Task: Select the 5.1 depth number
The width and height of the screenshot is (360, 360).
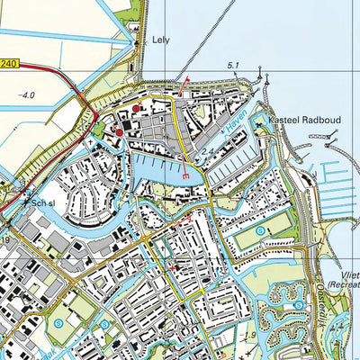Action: point(234,65)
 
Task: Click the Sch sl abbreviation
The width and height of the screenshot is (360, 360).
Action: point(44,203)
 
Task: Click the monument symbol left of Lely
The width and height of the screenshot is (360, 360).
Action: point(138,40)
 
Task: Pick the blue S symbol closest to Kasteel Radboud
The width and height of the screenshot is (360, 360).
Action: point(260,232)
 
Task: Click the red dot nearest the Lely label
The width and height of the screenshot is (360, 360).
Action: point(136,109)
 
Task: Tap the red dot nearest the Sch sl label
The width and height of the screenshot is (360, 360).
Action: point(119,132)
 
